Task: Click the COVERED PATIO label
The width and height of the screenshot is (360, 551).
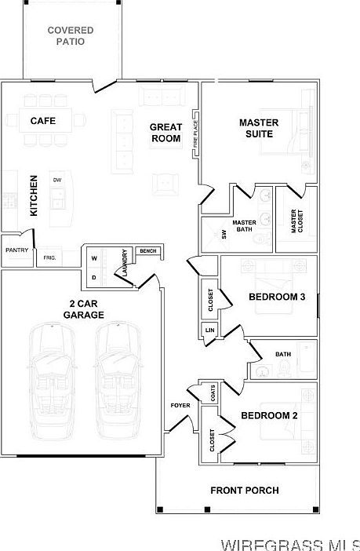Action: (71, 36)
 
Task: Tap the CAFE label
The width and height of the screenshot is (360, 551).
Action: (43, 121)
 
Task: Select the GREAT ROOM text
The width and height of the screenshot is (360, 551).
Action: (166, 133)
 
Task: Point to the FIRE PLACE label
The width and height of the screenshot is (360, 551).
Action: (196, 134)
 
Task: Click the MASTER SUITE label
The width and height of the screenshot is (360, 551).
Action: (259, 128)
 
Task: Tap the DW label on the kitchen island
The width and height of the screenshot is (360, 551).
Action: (57, 181)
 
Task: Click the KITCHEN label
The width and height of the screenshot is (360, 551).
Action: (34, 196)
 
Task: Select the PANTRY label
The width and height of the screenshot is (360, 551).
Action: (16, 250)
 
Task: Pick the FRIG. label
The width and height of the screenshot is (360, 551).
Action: (49, 257)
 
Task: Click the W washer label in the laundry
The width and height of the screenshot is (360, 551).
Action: (94, 258)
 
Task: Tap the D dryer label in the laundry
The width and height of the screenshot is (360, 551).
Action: (94, 278)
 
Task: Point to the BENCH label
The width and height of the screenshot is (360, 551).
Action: (148, 251)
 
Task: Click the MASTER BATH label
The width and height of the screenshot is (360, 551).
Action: (244, 226)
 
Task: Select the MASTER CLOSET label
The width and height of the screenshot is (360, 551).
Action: (296, 221)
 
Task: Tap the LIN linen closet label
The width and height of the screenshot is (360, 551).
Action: (209, 330)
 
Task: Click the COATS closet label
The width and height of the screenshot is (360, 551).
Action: (213, 392)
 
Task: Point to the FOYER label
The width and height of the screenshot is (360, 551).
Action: (180, 406)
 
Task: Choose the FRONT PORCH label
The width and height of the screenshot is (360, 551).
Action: (245, 491)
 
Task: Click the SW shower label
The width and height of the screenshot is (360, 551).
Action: (224, 235)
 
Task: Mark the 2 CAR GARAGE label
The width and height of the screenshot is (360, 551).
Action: (84, 309)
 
